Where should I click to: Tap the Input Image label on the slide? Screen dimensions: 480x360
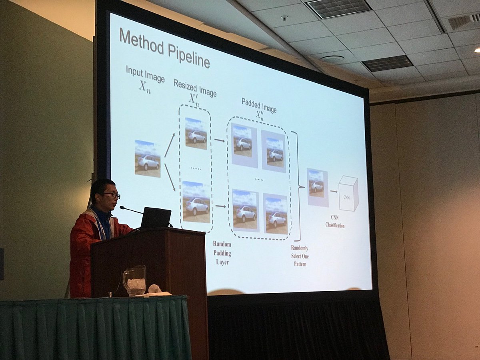(145, 74)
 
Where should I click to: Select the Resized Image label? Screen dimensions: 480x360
(195, 88)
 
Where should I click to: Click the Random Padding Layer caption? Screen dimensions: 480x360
(222, 253)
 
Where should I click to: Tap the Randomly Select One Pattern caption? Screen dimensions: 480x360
(300, 256)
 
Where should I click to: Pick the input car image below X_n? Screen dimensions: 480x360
(148, 159)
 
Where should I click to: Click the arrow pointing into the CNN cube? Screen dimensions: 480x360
(334, 192)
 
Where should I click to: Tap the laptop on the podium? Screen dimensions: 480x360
(156, 218)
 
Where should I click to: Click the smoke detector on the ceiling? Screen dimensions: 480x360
(284, 18)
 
